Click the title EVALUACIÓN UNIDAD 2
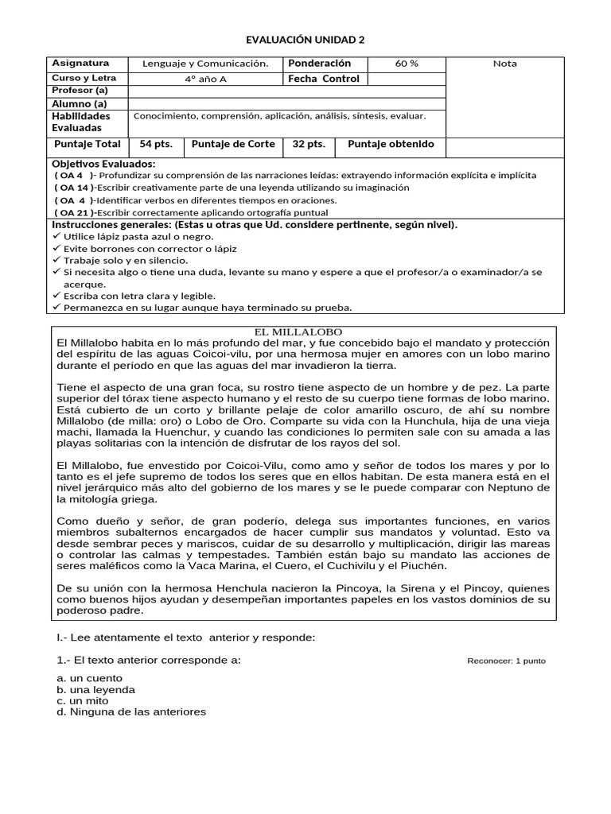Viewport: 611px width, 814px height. pyautogui.click(x=305, y=40)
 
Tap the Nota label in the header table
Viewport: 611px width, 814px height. pyautogui.click(x=504, y=64)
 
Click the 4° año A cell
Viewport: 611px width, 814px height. pyautogui.click(x=205, y=79)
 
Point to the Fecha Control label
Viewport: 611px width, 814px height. pyautogui.click(x=323, y=79)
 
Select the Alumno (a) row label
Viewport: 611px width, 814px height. pyautogui.click(x=79, y=103)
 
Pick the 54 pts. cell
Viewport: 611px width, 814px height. pyautogui.click(x=156, y=144)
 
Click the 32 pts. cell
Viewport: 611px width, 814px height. pyautogui.click(x=309, y=144)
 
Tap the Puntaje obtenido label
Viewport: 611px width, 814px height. pyautogui.click(x=391, y=144)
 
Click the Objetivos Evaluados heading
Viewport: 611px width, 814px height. pyautogui.click(x=103, y=163)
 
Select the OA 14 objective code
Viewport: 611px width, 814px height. pyautogui.click(x=72, y=188)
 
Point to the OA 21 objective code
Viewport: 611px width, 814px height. pyautogui.click(x=72, y=212)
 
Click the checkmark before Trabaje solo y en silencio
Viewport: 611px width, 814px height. pyautogui.click(x=56, y=260)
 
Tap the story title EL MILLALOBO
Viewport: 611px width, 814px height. pyautogui.click(x=305, y=331)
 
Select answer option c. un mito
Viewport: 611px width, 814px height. pyautogui.click(x=84, y=701)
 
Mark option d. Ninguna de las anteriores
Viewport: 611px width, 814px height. pyautogui.click(x=131, y=712)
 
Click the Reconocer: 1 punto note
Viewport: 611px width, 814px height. pyautogui.click(x=506, y=661)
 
